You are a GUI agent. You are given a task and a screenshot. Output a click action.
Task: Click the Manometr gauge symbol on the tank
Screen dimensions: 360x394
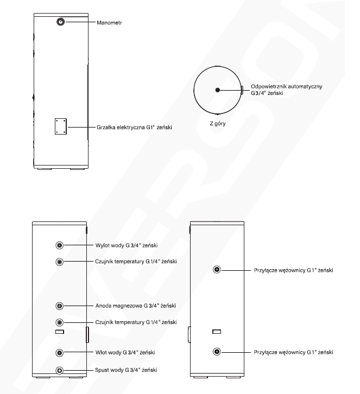[61, 22]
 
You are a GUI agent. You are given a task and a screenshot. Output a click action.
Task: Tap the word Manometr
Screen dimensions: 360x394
[109, 23]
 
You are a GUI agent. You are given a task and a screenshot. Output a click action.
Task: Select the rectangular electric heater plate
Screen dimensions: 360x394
[61, 126]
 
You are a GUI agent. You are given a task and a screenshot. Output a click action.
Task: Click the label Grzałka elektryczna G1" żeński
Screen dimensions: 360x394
[134, 127]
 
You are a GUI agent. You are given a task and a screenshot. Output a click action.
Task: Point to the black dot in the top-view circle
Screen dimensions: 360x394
[218, 90]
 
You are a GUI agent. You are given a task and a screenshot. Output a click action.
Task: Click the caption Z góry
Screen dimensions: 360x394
[218, 123]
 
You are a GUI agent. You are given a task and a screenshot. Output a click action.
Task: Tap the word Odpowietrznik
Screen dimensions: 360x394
[268, 86]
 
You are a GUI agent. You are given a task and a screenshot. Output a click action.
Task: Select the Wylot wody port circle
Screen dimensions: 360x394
[59, 245]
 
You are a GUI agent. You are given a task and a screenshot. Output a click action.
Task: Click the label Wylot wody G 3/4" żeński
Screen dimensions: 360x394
[127, 245]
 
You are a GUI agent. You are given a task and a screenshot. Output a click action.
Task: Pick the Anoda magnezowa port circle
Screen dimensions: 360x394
[59, 306]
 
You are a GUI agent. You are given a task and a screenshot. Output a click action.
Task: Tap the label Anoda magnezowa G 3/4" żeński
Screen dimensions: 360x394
[136, 306]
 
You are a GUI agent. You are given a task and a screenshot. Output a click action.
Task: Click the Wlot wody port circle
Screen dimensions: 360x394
[59, 353]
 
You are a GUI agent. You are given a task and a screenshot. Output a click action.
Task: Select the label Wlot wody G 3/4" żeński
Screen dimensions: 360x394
[125, 352]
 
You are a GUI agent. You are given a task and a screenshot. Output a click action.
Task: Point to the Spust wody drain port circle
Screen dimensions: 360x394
[59, 370]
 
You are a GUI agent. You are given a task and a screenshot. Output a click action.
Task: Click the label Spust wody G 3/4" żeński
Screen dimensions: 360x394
[126, 370]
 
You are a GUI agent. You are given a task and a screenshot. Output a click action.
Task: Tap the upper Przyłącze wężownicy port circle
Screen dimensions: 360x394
[217, 270]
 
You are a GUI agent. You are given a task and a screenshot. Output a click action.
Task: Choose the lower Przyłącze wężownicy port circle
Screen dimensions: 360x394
[217, 352]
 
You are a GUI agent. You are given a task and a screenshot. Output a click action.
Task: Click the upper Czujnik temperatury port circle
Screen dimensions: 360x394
[59, 262]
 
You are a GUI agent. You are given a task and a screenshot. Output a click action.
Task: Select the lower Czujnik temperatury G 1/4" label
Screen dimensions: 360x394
[128, 322]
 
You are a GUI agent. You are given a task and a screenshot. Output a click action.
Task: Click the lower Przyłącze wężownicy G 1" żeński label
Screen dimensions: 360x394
[293, 352]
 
